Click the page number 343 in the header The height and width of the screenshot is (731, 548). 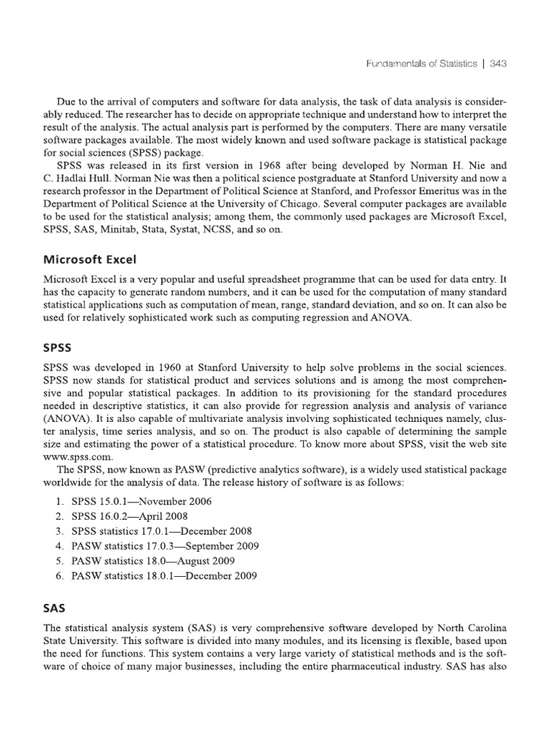click(x=498, y=64)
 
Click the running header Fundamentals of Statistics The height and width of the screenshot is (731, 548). click(x=421, y=64)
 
